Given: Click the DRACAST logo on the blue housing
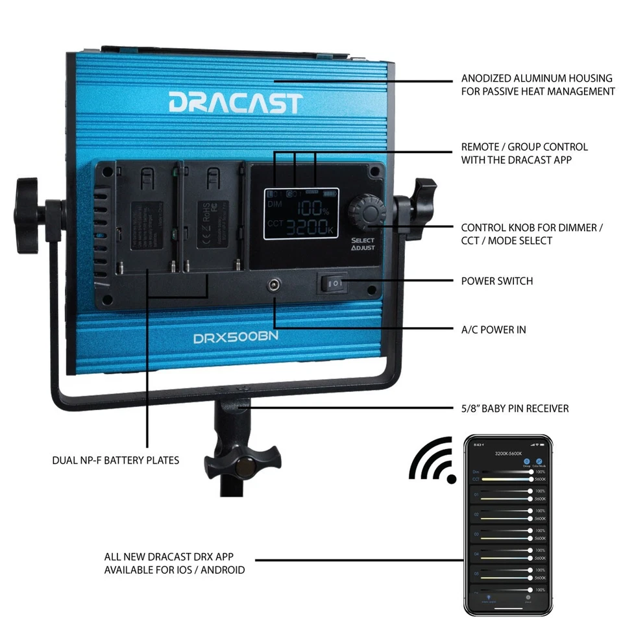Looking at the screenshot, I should pos(236,103).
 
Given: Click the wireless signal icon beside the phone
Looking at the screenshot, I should pos(434,460).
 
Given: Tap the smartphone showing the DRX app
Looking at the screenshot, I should pos(508,525).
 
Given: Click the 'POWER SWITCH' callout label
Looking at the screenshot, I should pos(496,282).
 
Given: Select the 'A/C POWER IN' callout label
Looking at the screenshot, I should pos(493,330).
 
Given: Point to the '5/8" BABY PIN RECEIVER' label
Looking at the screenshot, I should pos(515,408).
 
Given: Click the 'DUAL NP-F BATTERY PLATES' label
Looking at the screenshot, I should pos(116,460).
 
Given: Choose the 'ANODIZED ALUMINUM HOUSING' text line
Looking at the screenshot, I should pos(537,78).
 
